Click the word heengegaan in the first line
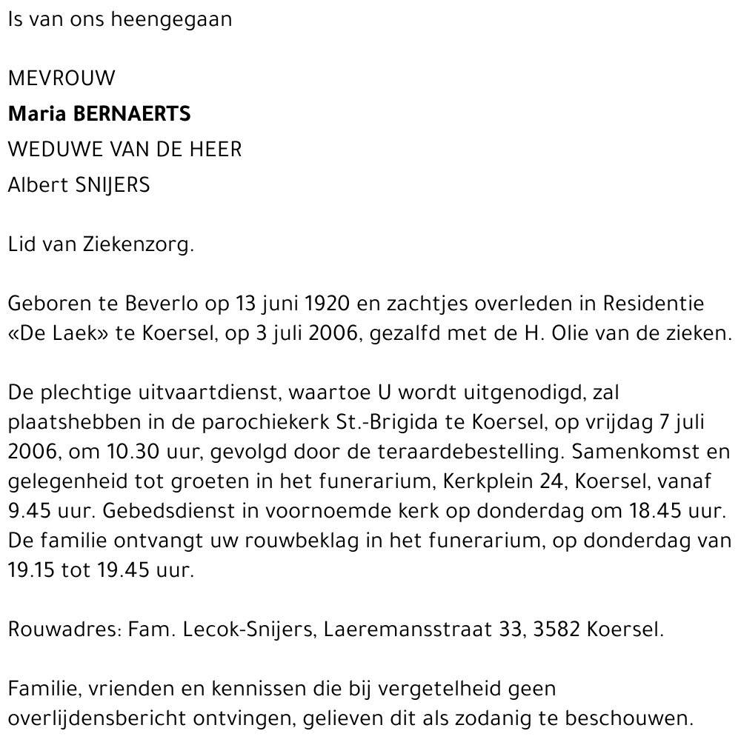click(170, 21)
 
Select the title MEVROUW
click(62, 78)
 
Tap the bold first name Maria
click(34, 114)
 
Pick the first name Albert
click(37, 185)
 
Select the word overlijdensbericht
click(100, 718)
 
